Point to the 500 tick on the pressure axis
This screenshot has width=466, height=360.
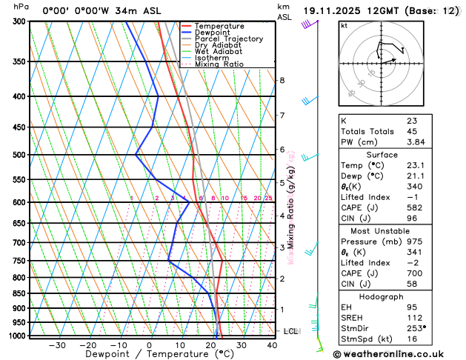[x=20, y=155]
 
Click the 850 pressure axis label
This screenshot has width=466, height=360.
[x=20, y=293]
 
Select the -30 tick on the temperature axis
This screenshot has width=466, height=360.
[x=57, y=344]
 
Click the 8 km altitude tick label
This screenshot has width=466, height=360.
[x=282, y=80]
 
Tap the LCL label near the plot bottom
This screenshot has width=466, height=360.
[x=290, y=331]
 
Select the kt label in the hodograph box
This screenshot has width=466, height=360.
[x=344, y=25]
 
